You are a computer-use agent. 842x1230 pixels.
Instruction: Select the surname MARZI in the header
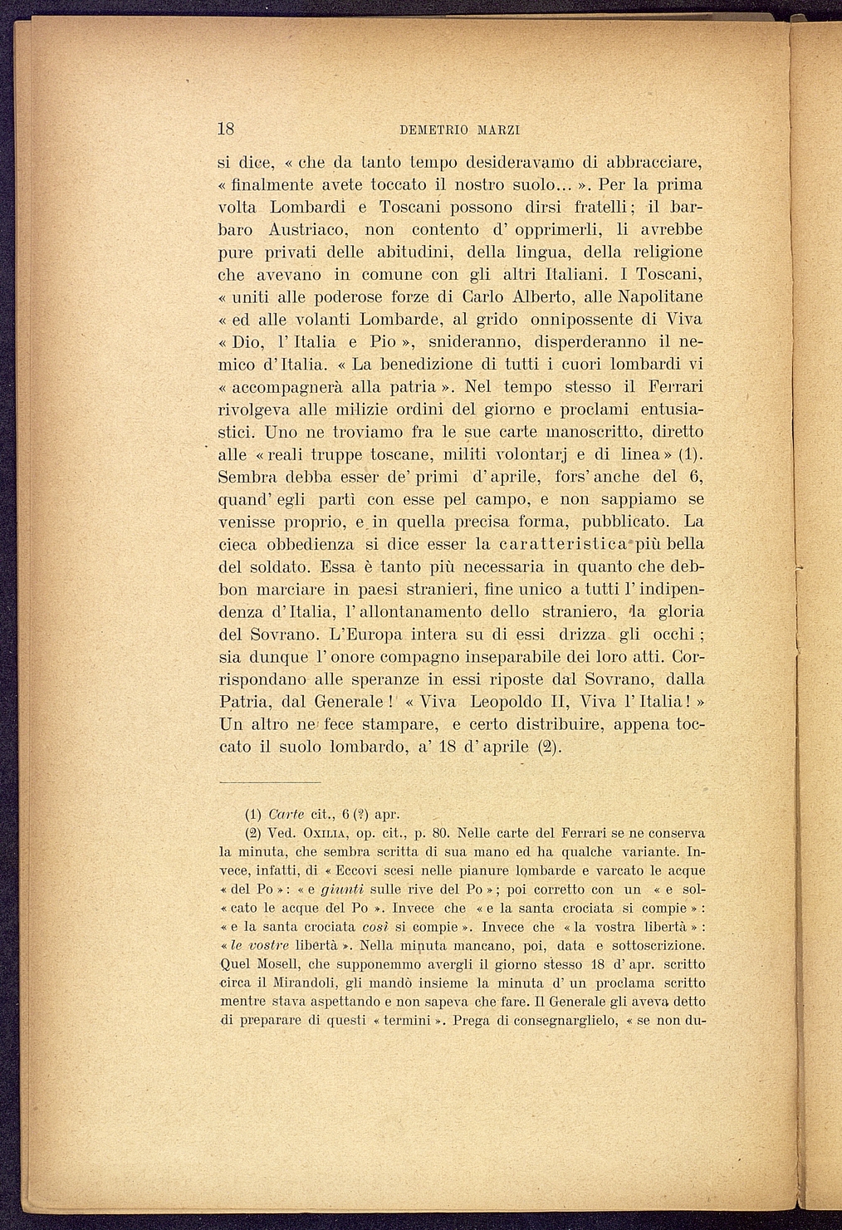[x=501, y=130]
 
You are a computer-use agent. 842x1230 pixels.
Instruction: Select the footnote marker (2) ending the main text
[x=550, y=747]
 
